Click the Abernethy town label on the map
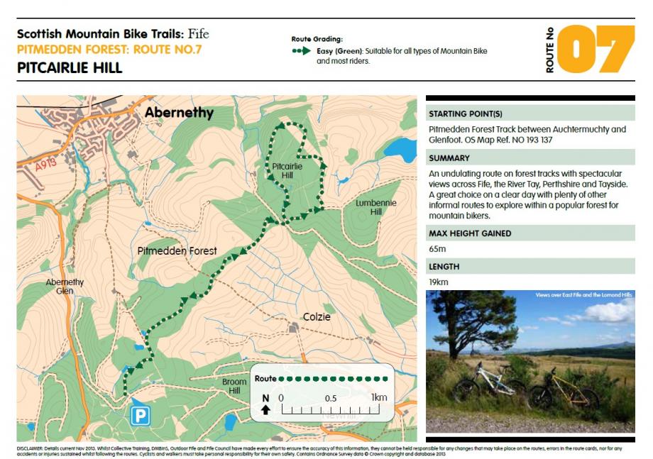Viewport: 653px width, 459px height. [x=178, y=113]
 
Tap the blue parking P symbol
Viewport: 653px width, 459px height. [x=139, y=415]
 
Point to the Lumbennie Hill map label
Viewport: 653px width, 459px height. [x=375, y=207]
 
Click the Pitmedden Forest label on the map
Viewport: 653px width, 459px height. [x=177, y=251]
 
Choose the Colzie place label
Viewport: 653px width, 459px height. [x=317, y=316]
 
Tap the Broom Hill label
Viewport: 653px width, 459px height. [x=234, y=386]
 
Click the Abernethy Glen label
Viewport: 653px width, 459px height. [x=65, y=286]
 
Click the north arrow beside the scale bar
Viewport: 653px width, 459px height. [x=265, y=403]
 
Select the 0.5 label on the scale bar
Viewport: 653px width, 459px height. [x=331, y=398]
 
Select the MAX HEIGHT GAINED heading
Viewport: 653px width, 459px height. [x=470, y=233]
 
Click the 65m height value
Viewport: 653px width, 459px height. [x=437, y=249]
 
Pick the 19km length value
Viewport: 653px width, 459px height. [x=438, y=282]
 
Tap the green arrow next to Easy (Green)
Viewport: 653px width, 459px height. [x=301, y=51]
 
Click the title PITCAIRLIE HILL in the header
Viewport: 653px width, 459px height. [x=70, y=68]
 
